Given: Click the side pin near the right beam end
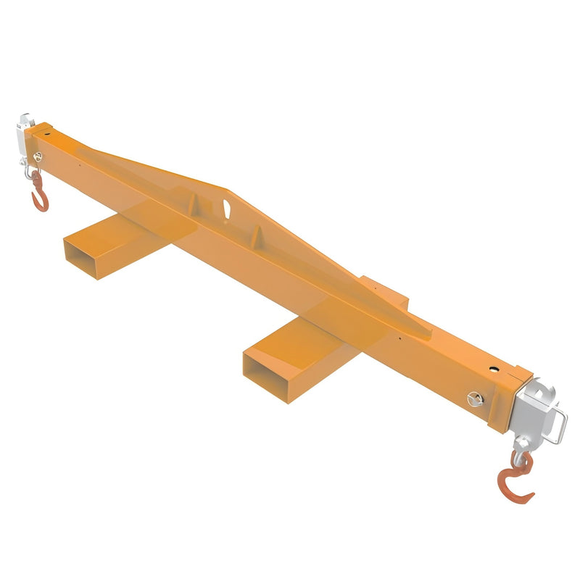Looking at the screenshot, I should tap(474, 398).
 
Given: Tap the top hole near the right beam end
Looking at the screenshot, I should tap(496, 369).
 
